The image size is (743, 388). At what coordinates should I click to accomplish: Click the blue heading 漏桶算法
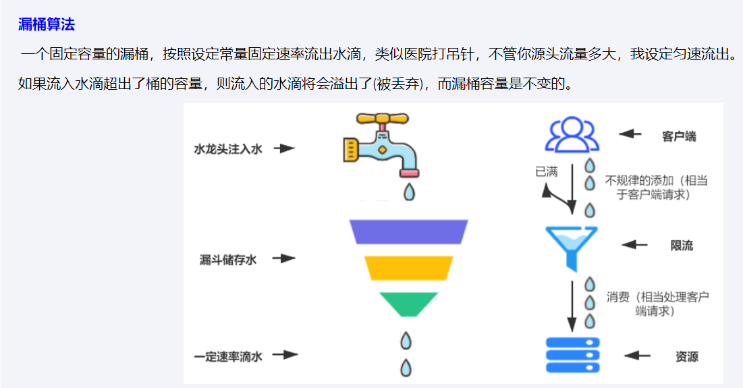click(46, 26)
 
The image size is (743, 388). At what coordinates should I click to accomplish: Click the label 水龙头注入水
click(227, 148)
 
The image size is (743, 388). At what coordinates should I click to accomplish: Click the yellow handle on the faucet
click(383, 121)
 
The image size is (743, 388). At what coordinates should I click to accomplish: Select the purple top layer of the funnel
click(409, 231)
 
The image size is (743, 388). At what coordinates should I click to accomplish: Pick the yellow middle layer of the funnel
click(409, 268)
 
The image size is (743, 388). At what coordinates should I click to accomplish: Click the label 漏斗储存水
click(227, 259)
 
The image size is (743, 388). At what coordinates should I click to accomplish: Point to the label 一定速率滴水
click(227, 356)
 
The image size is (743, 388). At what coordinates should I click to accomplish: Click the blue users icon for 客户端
click(572, 135)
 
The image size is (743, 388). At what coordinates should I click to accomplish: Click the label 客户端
click(679, 136)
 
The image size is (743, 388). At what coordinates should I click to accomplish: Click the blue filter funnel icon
click(572, 246)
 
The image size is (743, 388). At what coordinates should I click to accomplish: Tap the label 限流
click(682, 245)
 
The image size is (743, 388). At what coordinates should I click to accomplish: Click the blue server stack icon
click(572, 354)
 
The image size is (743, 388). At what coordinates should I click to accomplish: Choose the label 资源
click(686, 356)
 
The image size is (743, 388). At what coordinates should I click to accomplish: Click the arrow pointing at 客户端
click(630, 134)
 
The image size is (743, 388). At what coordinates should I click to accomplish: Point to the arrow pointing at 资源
click(637, 356)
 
